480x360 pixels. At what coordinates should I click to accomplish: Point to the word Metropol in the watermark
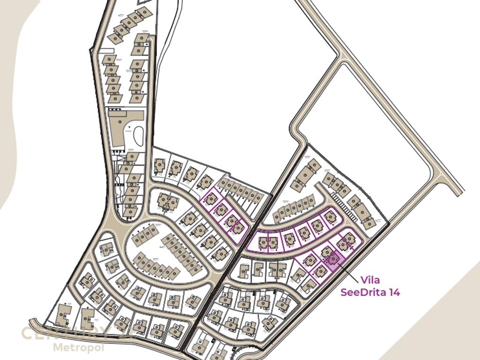tap(78, 347)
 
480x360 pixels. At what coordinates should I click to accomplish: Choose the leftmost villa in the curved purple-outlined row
tap(263, 242)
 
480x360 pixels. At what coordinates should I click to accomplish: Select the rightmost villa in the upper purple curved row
tap(330, 217)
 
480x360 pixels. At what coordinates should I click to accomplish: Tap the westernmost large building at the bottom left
tap(63, 315)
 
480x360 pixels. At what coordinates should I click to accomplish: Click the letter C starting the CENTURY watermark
tap(28, 334)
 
